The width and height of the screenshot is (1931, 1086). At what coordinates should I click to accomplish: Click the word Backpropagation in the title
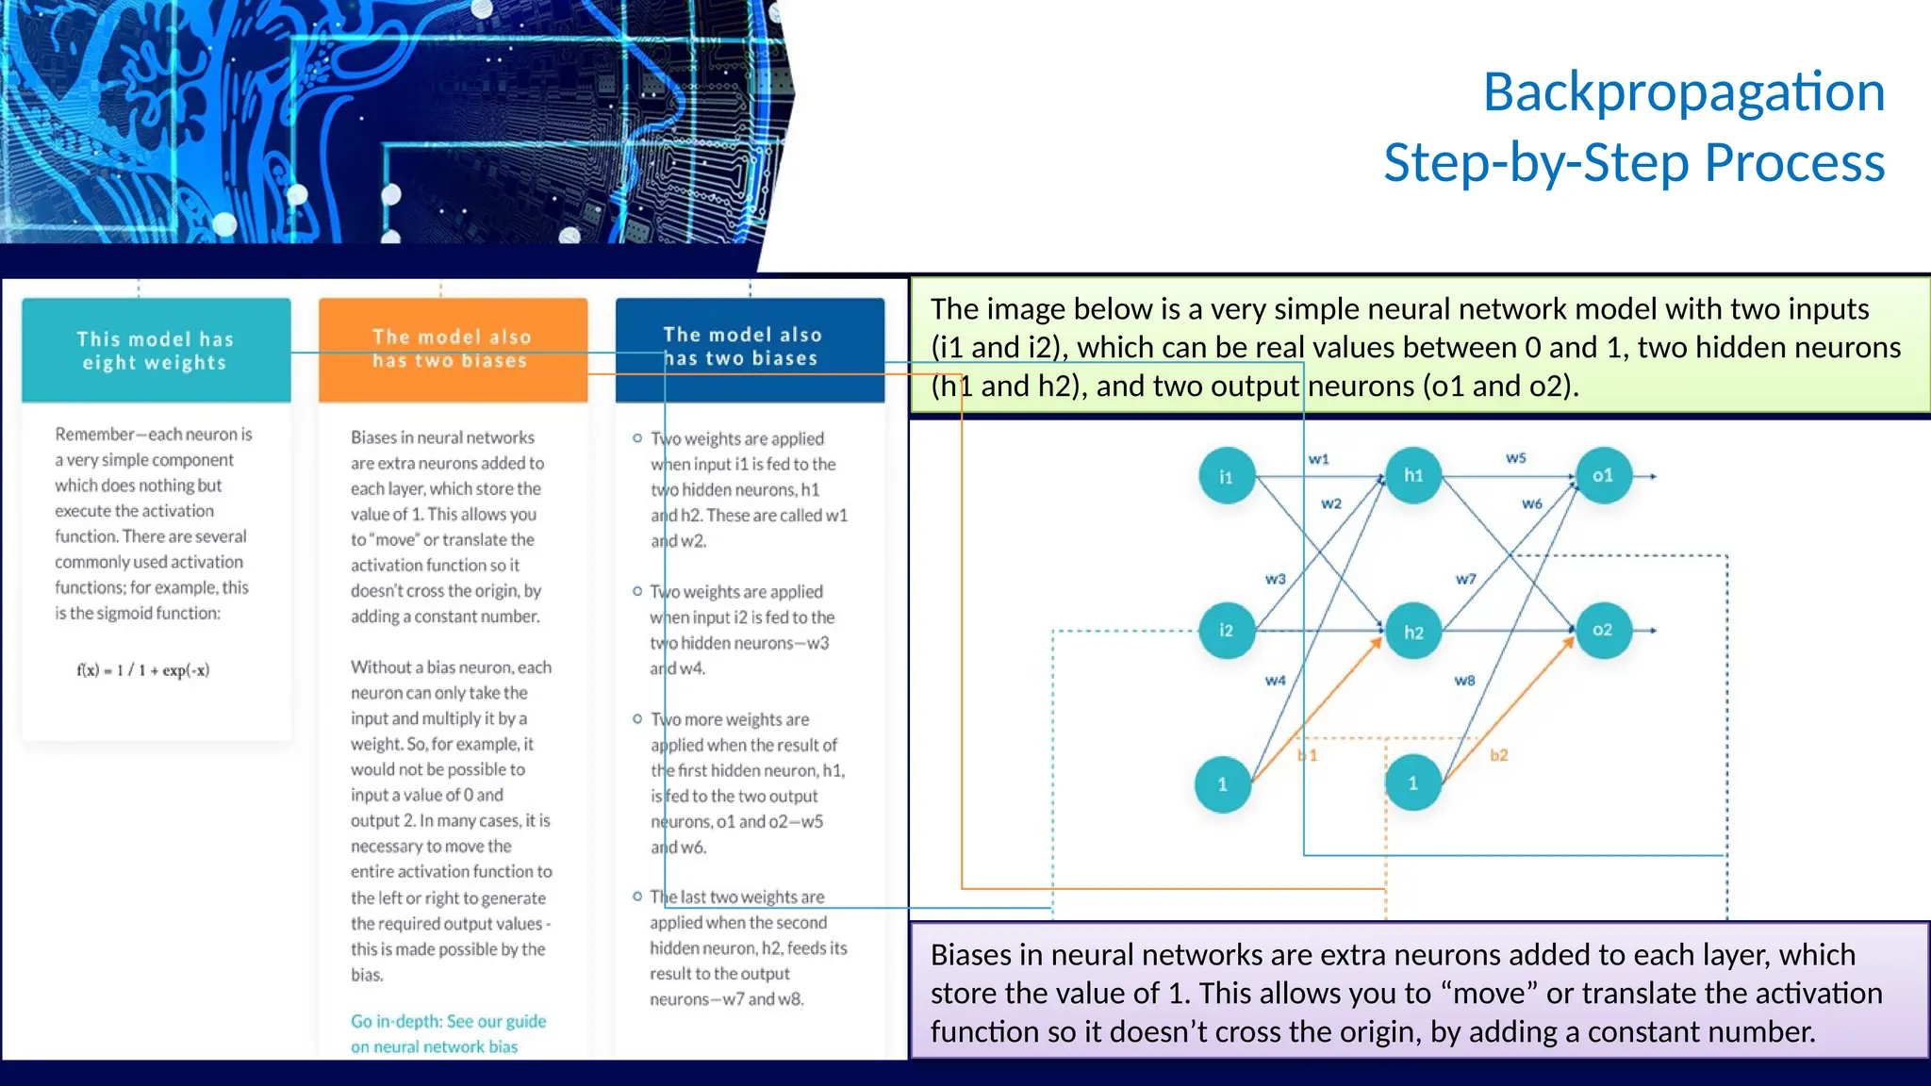[1684, 92]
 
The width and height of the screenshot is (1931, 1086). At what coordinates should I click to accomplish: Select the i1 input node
[1226, 476]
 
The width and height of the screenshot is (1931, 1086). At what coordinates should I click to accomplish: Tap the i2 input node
[1226, 630]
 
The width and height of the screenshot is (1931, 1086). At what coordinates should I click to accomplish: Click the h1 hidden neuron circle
[1413, 475]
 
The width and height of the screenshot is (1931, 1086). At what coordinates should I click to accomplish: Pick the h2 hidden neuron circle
[1413, 632]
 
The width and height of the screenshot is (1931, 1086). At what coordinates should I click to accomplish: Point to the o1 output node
[1603, 475]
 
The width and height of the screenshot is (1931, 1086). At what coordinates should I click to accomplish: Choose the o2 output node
[1603, 630]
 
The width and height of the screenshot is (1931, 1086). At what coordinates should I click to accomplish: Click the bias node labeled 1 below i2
[1223, 784]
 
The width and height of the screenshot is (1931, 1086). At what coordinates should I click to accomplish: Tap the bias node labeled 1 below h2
[1412, 782]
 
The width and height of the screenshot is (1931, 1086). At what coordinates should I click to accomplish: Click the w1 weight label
[1318, 459]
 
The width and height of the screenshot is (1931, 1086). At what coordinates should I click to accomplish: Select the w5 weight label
[1515, 458]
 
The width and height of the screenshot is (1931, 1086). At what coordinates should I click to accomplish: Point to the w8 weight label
[1464, 681]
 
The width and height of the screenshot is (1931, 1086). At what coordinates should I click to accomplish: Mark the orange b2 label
[1499, 755]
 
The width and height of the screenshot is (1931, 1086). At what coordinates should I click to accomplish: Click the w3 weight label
[1275, 579]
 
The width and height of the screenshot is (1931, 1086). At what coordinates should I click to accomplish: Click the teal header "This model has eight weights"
[156, 351]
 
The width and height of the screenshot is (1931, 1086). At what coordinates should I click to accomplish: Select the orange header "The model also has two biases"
[453, 349]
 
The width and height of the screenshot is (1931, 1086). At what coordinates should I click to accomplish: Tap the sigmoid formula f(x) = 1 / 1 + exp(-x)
[143, 670]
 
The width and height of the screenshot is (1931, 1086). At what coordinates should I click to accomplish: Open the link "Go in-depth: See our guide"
[448, 1021]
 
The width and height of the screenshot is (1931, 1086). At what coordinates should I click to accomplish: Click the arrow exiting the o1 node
[1645, 476]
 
